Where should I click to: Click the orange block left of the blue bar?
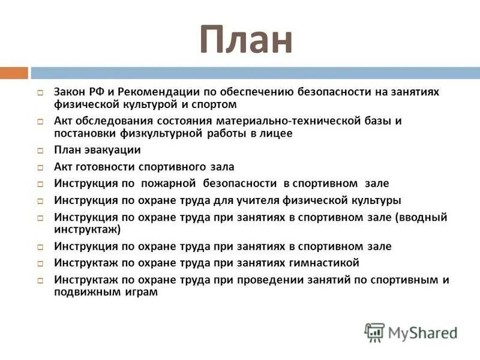[13, 73]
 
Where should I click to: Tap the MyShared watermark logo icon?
[374, 332]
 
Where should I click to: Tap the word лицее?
[278, 133]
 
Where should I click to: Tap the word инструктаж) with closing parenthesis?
[88, 229]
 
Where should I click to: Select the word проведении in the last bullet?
[266, 280]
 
